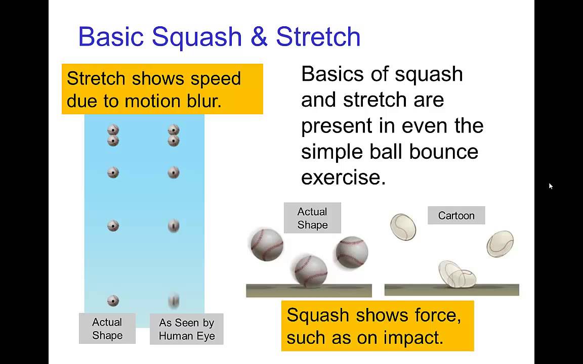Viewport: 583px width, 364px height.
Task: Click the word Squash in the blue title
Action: (x=197, y=37)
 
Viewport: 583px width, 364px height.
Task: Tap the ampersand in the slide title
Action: (x=259, y=36)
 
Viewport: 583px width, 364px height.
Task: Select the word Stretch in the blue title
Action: (x=318, y=36)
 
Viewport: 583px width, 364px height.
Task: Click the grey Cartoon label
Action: (x=456, y=215)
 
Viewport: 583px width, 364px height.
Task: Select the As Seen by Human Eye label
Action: (x=187, y=329)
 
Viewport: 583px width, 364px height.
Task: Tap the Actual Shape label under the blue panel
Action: (x=107, y=328)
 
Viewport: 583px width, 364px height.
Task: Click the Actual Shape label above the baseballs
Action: (x=312, y=218)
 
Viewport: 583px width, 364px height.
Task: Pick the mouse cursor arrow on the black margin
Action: (x=551, y=186)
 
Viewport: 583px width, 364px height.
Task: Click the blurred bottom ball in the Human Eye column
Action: (x=174, y=301)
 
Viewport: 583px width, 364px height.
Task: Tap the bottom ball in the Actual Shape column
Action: (x=113, y=300)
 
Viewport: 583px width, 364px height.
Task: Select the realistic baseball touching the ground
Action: (x=311, y=271)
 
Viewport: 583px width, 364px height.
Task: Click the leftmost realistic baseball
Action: (x=267, y=245)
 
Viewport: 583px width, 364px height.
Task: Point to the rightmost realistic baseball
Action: (x=352, y=252)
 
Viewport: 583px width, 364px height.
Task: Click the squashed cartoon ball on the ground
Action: (x=457, y=275)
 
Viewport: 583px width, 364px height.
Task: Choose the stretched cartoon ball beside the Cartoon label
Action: (x=403, y=226)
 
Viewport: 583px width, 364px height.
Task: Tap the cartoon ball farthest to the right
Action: (x=500, y=244)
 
